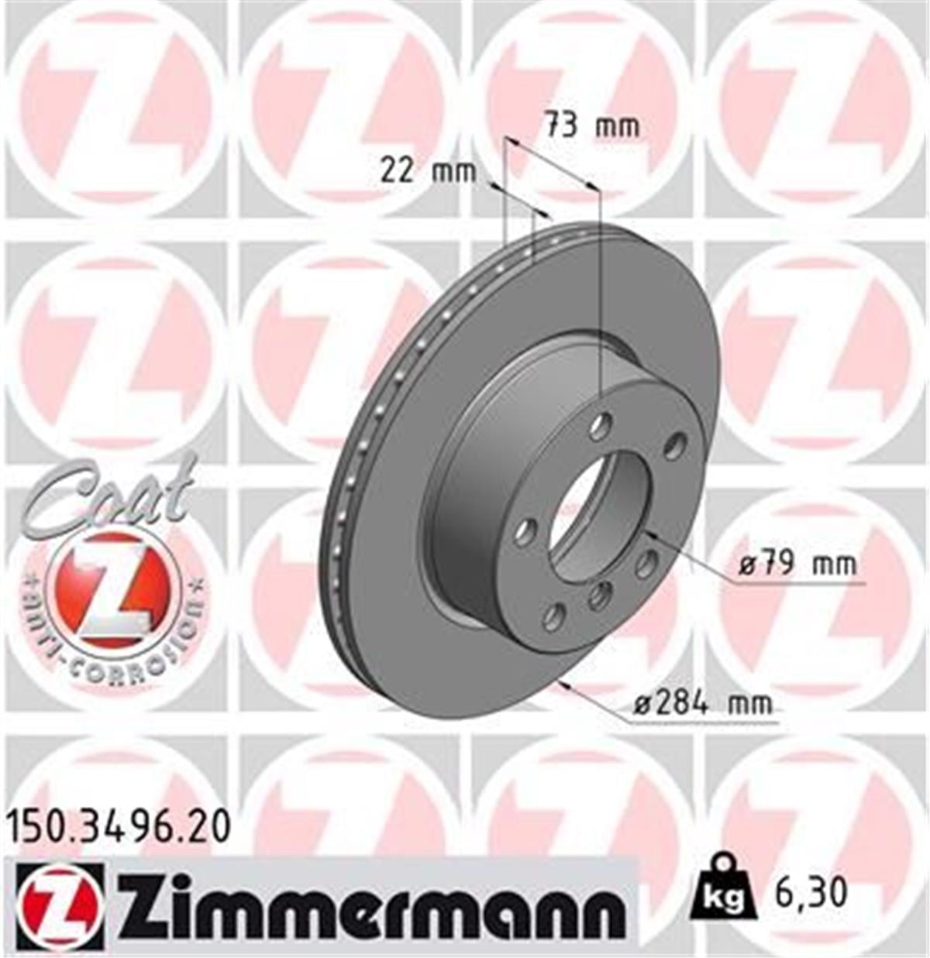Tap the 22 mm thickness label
tap(428, 170)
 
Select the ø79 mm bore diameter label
tap(797, 564)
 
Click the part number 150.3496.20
tap(119, 828)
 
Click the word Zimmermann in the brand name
tap(371, 908)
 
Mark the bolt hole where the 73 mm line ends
tap(600, 424)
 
